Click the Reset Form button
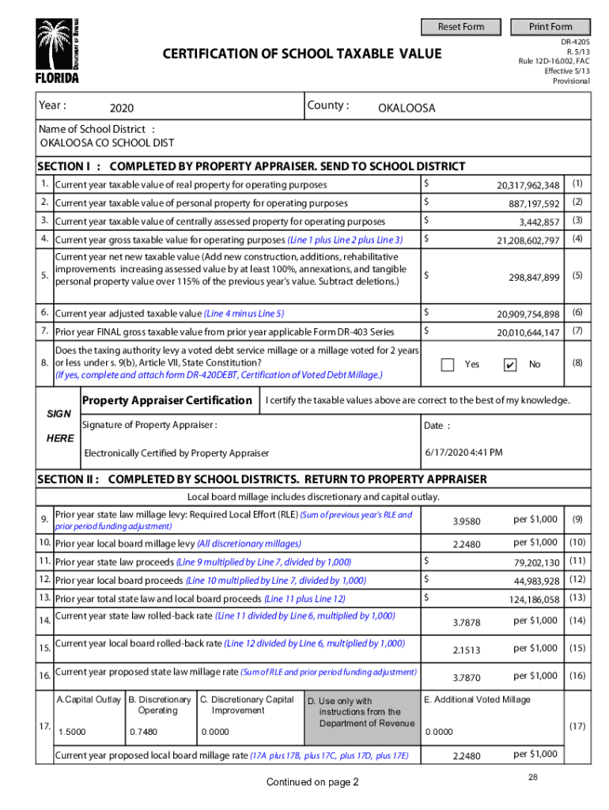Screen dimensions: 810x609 coord(461,27)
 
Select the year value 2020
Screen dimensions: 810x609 coord(122,108)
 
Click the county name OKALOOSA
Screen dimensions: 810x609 coord(407,108)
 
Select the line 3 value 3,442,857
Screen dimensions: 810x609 coord(539,221)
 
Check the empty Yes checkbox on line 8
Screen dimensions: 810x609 coord(448,365)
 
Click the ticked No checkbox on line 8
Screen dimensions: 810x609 coord(510,365)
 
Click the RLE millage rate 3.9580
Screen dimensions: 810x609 coord(465,521)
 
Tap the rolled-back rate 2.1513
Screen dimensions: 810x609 coord(466,650)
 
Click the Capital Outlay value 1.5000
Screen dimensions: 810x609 coord(70,732)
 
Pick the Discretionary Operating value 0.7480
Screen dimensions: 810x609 coord(142,732)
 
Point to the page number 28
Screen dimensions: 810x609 coord(534,778)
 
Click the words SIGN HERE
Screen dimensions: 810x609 coord(59,426)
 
